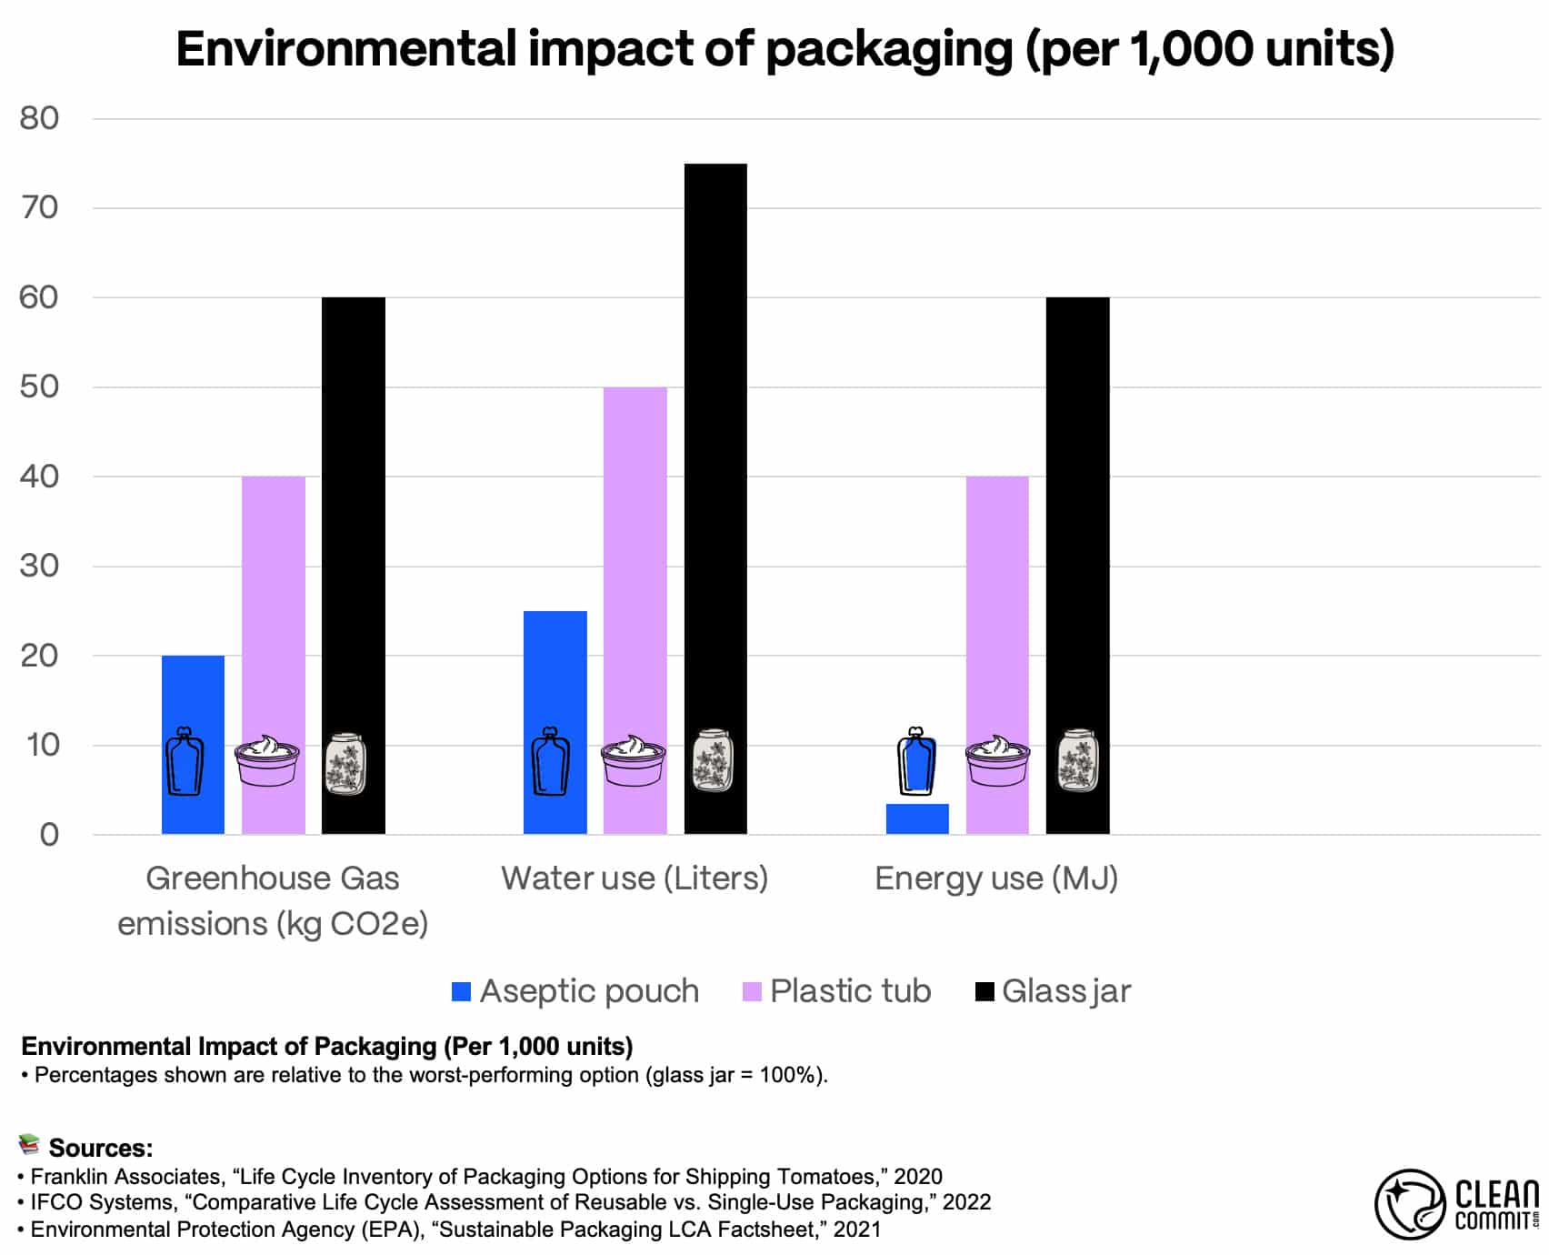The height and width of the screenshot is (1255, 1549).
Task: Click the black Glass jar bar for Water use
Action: tap(715, 455)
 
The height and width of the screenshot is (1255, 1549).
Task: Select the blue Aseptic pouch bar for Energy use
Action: tap(917, 819)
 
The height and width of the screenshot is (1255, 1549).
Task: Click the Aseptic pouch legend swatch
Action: tap(462, 991)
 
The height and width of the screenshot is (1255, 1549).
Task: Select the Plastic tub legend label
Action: tap(850, 991)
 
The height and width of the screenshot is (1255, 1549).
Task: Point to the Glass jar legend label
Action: tap(1066, 991)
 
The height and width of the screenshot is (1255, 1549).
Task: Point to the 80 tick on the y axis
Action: tap(39, 118)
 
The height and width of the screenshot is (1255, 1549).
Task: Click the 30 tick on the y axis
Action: tap(39, 566)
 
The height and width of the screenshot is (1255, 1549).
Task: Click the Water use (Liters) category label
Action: tap(635, 878)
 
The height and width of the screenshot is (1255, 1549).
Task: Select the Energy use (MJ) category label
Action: tap(996, 878)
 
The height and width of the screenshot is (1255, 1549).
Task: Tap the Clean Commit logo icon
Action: tap(1409, 1204)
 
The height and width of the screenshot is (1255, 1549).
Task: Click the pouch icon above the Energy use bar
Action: tap(916, 762)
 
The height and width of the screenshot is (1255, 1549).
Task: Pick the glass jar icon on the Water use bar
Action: tap(713, 760)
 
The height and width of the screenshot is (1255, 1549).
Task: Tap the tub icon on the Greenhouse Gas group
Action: tap(267, 760)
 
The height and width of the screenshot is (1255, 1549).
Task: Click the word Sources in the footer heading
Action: tap(99, 1148)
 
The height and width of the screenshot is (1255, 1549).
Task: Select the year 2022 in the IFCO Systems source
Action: tap(966, 1202)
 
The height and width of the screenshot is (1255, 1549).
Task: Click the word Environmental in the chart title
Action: tap(345, 49)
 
